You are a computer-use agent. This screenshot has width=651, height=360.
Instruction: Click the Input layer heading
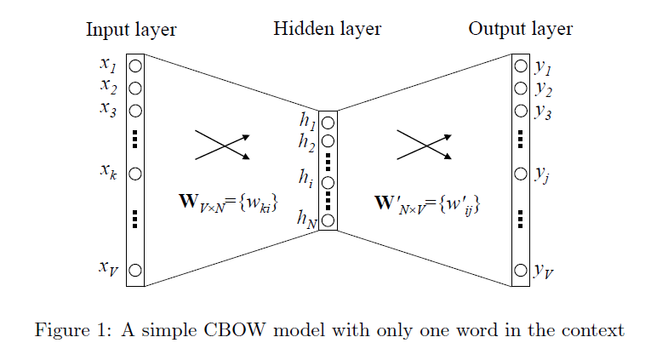[131, 30]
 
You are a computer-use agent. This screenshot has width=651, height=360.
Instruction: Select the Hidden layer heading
[327, 30]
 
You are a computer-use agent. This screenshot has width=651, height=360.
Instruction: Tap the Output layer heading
[520, 30]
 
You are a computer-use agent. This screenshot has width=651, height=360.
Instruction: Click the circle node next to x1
[135, 65]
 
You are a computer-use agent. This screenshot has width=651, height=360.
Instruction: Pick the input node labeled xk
[135, 173]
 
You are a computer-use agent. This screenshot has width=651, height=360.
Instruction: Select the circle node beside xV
[135, 271]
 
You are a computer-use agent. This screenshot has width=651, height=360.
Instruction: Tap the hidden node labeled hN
[328, 220]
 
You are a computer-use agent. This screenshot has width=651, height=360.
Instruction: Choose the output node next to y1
[520, 65]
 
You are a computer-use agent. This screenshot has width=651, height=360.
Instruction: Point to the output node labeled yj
[520, 174]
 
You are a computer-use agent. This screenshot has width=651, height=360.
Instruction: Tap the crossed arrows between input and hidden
[222, 145]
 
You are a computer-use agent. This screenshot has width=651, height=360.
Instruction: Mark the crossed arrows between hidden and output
[424, 145]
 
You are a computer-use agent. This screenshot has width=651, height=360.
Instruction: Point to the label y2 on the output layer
[543, 89]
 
